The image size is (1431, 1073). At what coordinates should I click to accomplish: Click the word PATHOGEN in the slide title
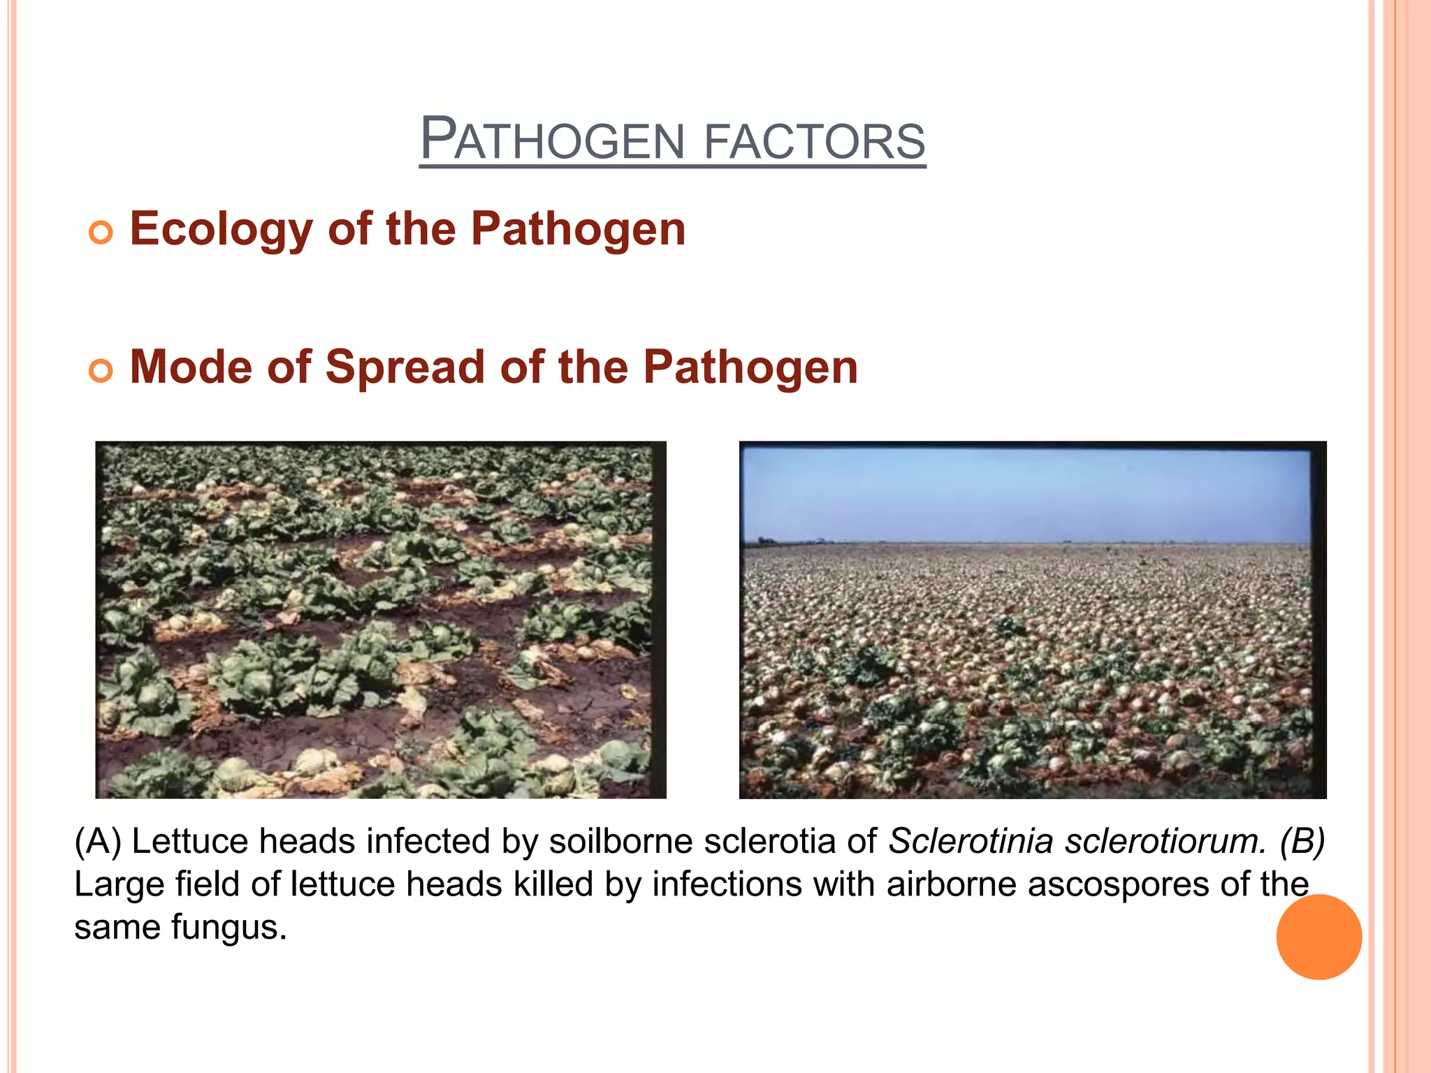[552, 140]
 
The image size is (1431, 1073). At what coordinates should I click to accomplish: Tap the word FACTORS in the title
[814, 141]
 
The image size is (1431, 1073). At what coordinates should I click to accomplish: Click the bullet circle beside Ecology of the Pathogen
[101, 232]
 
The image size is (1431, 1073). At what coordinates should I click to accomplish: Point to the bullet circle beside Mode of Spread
[101, 370]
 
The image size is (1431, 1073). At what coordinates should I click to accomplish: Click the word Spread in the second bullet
[405, 368]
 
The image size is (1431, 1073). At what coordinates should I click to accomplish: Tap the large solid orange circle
[1319, 937]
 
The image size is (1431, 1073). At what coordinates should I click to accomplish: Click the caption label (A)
[98, 840]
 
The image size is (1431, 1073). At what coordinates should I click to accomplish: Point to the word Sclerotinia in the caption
[971, 840]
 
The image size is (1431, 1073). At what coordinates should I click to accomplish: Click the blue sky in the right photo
[1027, 492]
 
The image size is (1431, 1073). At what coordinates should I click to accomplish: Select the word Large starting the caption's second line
[119, 884]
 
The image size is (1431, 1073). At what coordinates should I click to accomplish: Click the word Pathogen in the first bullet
[578, 230]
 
